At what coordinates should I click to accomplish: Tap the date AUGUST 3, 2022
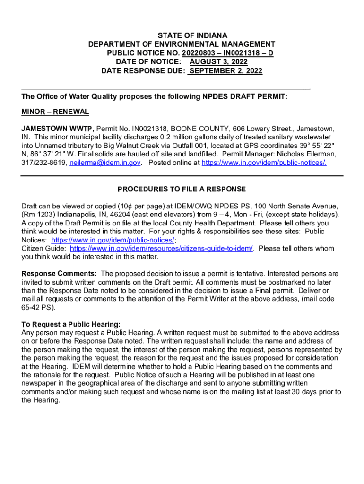pos(218,62)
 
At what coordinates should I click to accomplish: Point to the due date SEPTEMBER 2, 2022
pos(225,71)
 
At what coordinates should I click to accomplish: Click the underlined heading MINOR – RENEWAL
pos(55,112)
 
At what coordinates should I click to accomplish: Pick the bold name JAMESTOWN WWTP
pos(58,129)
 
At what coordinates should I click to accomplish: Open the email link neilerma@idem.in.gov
pos(105,163)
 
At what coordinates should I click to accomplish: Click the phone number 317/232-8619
pos(44,163)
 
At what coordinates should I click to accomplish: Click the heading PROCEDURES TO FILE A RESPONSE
pos(182,189)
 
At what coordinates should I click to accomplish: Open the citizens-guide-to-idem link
pos(162,249)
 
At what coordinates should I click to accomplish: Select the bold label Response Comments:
pos(60,274)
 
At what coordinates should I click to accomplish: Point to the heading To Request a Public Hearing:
pos(71,324)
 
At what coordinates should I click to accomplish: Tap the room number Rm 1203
pos(38,215)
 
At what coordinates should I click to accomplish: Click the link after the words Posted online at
pos(264,163)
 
